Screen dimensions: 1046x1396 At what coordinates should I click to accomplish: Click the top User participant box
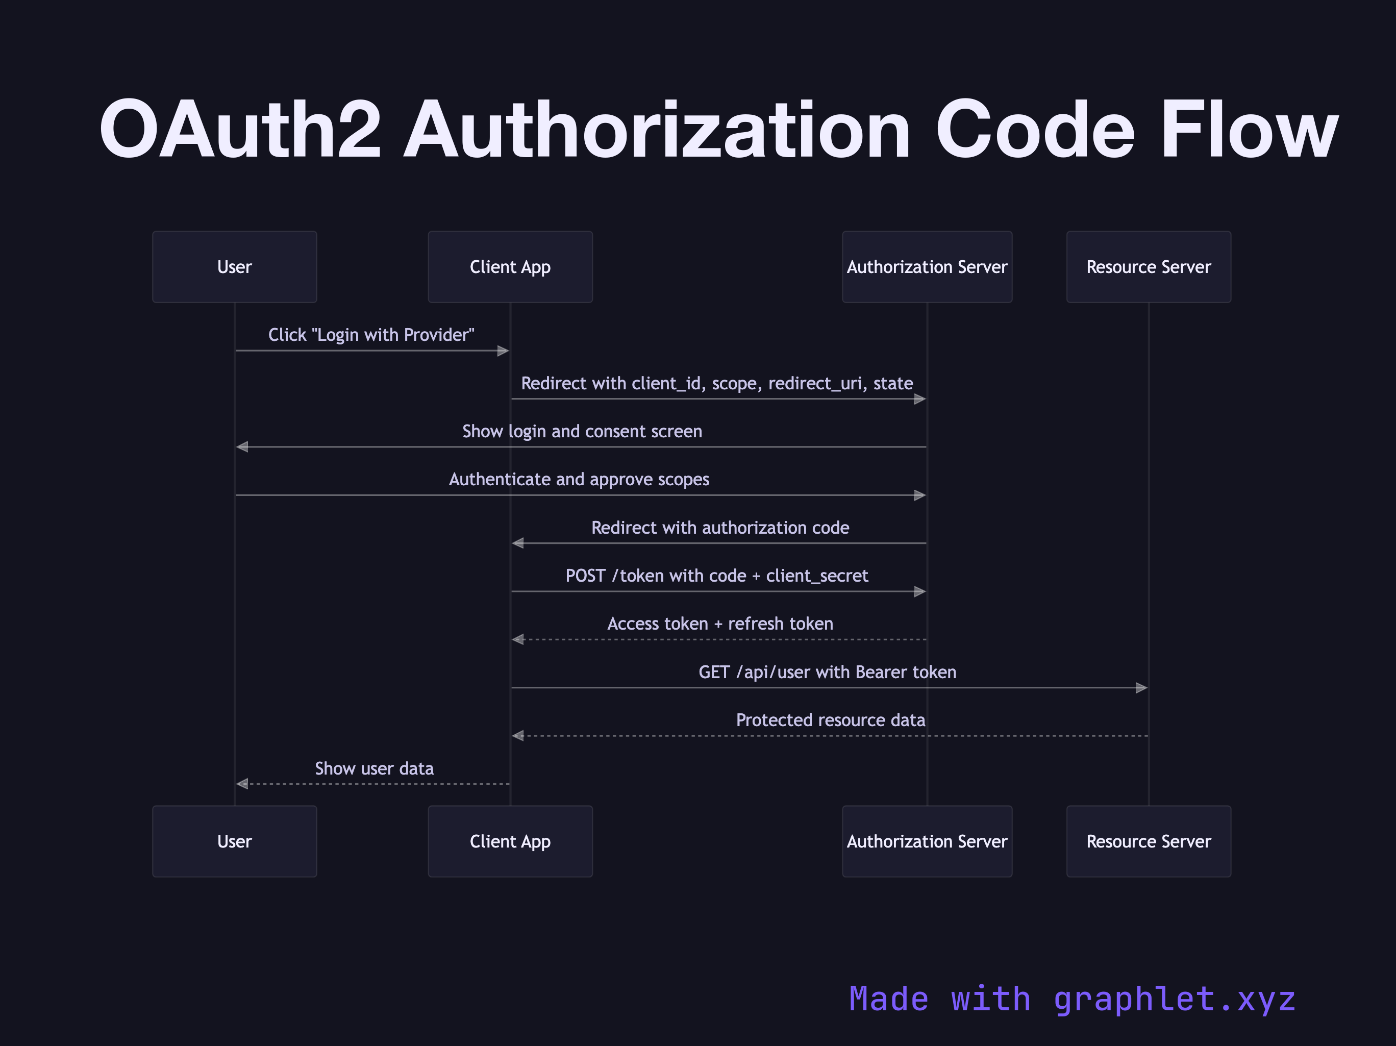[234, 267]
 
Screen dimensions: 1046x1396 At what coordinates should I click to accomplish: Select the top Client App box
[510, 267]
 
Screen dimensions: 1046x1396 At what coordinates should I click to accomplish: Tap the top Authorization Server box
[927, 267]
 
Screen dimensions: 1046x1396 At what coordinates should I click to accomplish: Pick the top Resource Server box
[1148, 267]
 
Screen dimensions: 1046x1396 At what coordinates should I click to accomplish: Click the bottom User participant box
[234, 841]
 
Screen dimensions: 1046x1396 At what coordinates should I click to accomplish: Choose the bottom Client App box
[510, 841]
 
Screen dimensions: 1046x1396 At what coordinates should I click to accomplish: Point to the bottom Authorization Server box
[927, 841]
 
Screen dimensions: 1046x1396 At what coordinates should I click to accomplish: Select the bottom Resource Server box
[1148, 841]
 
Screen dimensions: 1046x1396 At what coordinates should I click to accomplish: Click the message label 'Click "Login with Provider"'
[371, 335]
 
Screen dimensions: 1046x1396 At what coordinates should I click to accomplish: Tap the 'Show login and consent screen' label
[582, 431]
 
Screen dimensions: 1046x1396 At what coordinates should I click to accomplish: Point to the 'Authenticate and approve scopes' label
[579, 479]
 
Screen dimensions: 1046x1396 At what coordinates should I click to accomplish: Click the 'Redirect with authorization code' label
[719, 528]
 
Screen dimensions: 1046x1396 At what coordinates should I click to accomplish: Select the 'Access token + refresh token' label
[719, 624]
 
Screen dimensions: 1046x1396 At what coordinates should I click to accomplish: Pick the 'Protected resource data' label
[830, 720]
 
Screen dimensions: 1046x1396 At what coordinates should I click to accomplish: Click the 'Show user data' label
[374, 768]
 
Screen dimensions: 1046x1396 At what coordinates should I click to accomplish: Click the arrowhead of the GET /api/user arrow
[1141, 687]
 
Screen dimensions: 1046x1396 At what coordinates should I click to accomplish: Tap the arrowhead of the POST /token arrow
[919, 591]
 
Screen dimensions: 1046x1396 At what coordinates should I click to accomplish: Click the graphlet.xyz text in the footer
[1174, 999]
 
